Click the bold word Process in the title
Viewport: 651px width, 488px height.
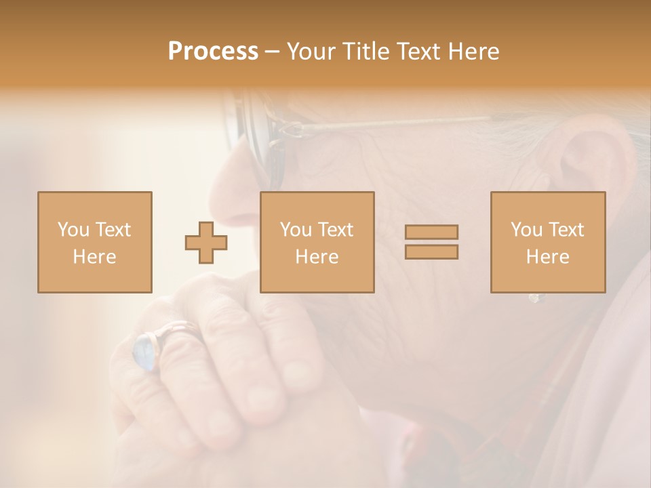[x=213, y=52]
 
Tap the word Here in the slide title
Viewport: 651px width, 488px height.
[x=472, y=52]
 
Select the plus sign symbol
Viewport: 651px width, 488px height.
[x=206, y=242]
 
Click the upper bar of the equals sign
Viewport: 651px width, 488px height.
[x=431, y=232]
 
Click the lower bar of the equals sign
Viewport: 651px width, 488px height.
[x=431, y=252]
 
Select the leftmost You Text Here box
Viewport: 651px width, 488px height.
[x=94, y=242]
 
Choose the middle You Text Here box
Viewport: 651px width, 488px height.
[x=317, y=242]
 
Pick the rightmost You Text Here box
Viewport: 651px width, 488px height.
[x=547, y=242]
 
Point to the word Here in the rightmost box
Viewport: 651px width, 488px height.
[x=547, y=256]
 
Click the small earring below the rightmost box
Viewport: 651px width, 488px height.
[x=534, y=298]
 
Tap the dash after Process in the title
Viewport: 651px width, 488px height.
[x=272, y=52]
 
